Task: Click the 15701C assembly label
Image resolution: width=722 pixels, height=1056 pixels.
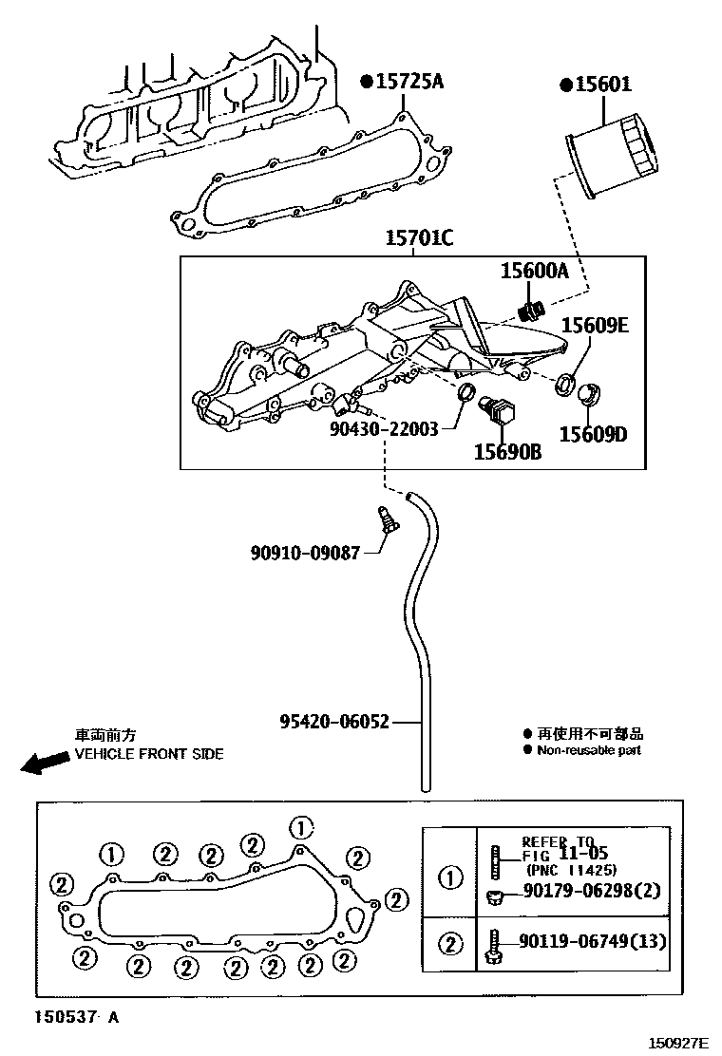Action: [x=418, y=239]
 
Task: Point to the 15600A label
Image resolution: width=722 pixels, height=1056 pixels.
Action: [x=534, y=272]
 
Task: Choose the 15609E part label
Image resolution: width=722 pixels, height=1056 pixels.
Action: [x=594, y=325]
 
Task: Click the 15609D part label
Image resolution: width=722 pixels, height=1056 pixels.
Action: [x=594, y=435]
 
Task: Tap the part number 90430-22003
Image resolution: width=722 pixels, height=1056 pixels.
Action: [x=384, y=429]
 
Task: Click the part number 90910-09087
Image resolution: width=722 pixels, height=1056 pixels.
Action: [x=306, y=551]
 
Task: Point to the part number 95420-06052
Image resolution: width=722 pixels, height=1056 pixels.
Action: [x=334, y=722]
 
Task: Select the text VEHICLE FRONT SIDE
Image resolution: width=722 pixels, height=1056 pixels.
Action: [x=149, y=754]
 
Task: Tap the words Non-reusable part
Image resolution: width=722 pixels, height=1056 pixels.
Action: [x=589, y=750]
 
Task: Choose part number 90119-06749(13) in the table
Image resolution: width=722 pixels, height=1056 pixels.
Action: [x=593, y=942]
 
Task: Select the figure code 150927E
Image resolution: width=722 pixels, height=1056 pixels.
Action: [x=678, y=1043]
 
